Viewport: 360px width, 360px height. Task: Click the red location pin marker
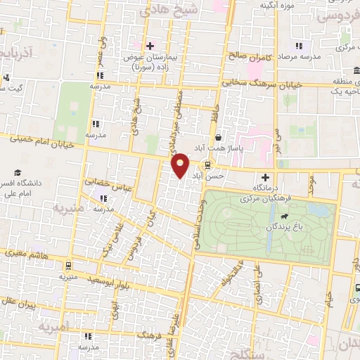[x=181, y=165]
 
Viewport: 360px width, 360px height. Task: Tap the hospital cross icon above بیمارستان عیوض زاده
[x=150, y=46]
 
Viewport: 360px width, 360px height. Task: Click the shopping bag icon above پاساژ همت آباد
[x=219, y=138]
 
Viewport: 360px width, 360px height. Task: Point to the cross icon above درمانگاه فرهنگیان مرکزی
[x=265, y=178]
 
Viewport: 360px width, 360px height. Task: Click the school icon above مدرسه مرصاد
[x=299, y=46]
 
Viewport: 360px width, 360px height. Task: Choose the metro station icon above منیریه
[x=67, y=266]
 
